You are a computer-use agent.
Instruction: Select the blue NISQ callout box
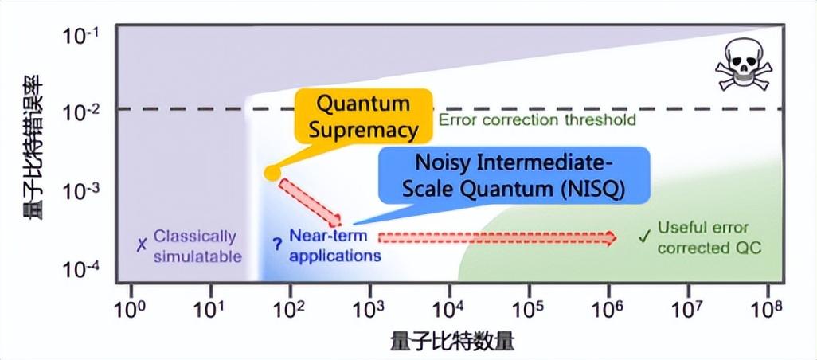[x=513, y=174]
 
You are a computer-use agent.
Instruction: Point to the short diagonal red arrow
[x=311, y=202]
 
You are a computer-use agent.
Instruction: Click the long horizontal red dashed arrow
[x=498, y=237]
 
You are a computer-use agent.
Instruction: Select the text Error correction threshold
[x=537, y=119]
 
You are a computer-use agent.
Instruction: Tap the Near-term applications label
[x=334, y=245]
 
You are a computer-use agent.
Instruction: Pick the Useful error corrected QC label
[x=709, y=237]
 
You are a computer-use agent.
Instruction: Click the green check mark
[x=645, y=237]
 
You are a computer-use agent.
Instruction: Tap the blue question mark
[x=276, y=245]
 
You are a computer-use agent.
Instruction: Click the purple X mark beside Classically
[x=140, y=245]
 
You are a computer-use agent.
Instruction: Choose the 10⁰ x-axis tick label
[x=131, y=309]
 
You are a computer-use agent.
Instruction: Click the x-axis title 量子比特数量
[x=451, y=342]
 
